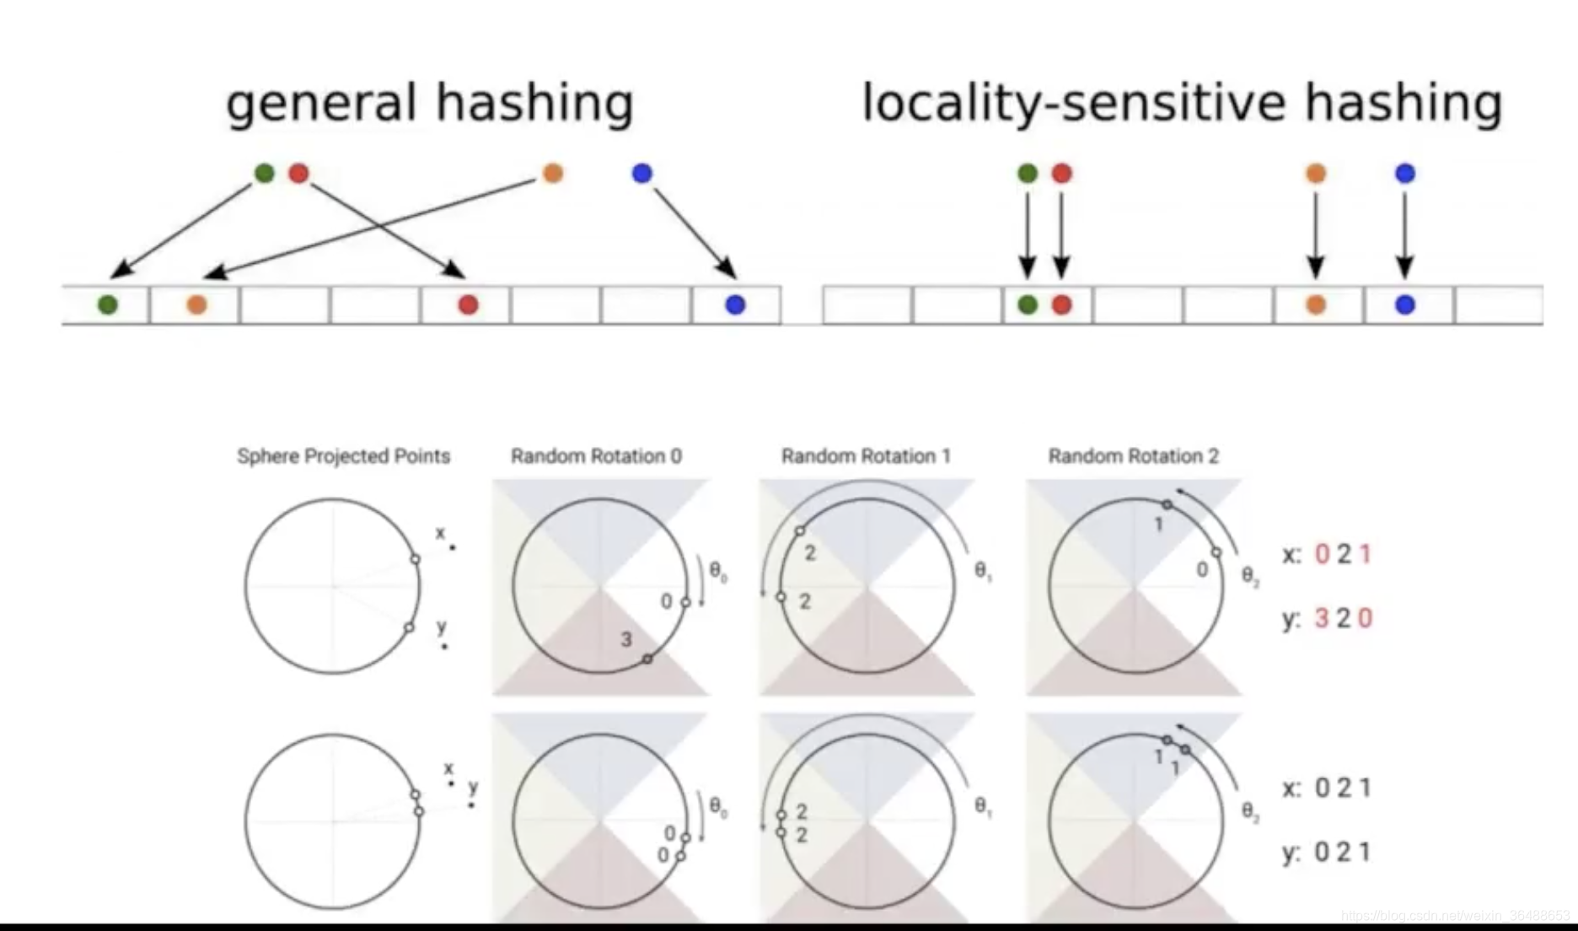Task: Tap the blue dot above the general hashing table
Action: (x=641, y=173)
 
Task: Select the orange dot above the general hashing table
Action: (x=553, y=173)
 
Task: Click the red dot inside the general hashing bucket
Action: (x=468, y=304)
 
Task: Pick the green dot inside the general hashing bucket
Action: (x=107, y=304)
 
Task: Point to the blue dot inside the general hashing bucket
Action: (x=735, y=304)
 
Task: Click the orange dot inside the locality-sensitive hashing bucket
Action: (x=1315, y=304)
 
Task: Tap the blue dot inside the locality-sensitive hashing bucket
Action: (x=1404, y=304)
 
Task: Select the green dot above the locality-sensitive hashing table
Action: (x=1027, y=173)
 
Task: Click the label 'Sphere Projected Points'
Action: (x=343, y=456)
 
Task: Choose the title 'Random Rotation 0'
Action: (x=596, y=456)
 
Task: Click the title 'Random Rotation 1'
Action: (x=866, y=456)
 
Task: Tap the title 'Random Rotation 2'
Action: (x=1133, y=456)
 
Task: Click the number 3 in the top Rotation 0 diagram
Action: (x=626, y=639)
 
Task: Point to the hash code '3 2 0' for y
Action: (x=1343, y=618)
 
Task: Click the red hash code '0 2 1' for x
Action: (x=1343, y=554)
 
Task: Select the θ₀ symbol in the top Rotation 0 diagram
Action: (x=717, y=573)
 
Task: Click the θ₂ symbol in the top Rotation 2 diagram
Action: (x=1250, y=576)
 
